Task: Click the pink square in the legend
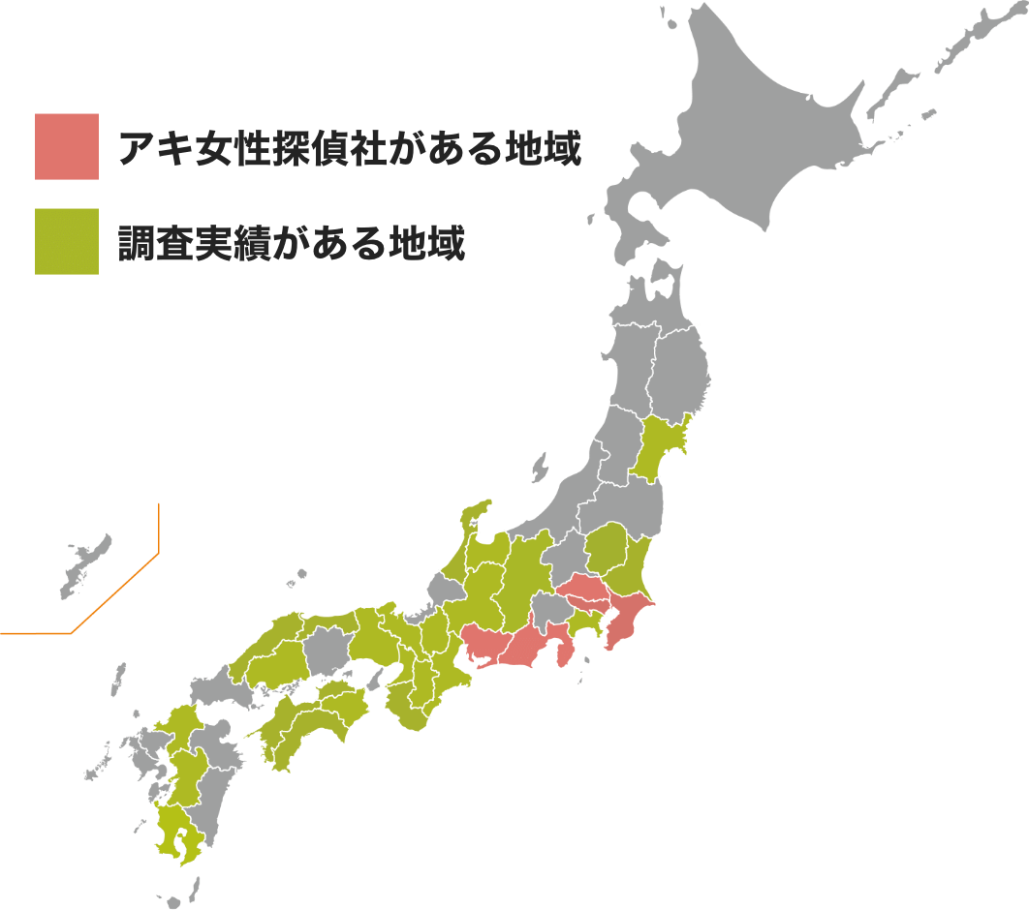click(66, 146)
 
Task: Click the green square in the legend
click(66, 241)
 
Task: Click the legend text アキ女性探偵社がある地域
click(349, 149)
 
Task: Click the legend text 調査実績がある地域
click(291, 244)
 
